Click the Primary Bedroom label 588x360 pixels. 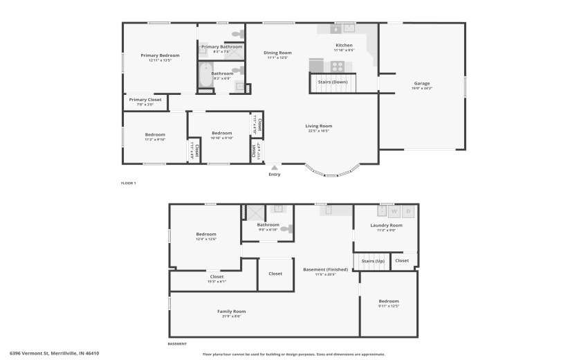160,55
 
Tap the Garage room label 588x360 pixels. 421,83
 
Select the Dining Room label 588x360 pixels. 277,53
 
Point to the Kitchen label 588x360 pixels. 344,45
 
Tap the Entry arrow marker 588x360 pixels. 275,167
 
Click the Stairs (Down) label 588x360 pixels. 333,82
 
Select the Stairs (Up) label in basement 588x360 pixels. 371,261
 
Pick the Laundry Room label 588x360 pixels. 386,225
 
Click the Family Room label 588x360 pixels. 231,312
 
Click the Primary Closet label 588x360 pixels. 145,100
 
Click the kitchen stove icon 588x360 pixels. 338,66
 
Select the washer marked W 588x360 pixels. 395,211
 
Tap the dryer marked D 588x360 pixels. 408,211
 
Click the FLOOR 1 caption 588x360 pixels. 129,183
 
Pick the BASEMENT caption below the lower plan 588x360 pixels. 178,344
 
